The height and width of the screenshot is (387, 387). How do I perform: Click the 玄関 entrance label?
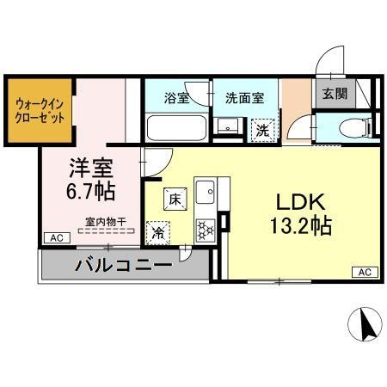(335, 94)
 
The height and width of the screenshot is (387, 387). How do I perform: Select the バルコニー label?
(126, 263)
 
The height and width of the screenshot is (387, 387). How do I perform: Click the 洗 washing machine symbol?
(261, 132)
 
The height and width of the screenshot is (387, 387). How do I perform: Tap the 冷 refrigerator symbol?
(158, 231)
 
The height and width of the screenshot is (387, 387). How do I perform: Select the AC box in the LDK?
(364, 273)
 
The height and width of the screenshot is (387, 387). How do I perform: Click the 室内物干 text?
(106, 222)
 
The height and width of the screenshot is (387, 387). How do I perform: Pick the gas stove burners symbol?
(206, 229)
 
